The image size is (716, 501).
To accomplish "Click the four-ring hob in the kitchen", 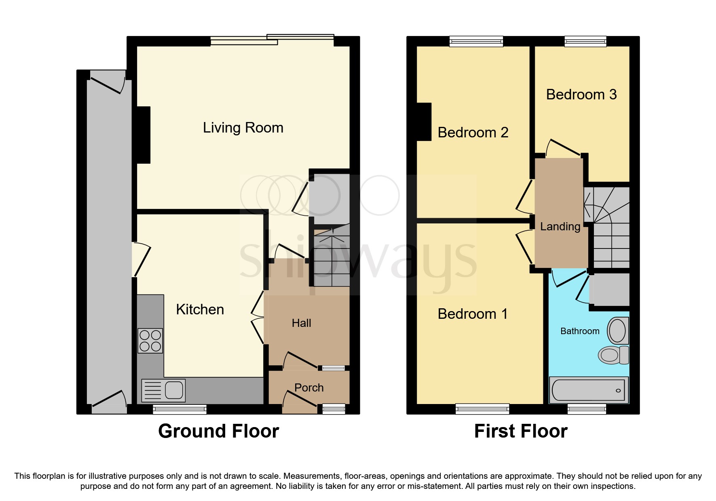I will coord(150,341).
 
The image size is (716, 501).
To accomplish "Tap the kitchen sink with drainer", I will coord(163,391).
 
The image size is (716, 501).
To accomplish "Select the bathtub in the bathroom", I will coord(588,390).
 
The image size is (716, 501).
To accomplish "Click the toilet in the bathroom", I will coord(613,355).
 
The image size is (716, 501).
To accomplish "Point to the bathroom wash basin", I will coord(617,330).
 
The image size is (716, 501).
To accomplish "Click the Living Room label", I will coord(243,128).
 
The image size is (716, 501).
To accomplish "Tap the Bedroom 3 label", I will coord(581,95).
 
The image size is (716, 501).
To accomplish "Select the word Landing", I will coord(560,227).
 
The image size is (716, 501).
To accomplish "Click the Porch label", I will coord(309,388).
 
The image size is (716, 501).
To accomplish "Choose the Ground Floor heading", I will coord(218,431).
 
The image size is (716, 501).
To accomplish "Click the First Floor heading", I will coord(520,431).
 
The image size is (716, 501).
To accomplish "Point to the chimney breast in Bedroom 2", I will coord(424,122).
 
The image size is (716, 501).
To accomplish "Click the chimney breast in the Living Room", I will coord(144,135).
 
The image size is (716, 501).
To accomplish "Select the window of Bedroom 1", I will coord(482,409).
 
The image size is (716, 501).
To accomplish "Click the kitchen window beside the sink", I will coord(180,410).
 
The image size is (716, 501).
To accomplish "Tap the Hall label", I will coord(301,323).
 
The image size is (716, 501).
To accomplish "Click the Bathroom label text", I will coord(579,331).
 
